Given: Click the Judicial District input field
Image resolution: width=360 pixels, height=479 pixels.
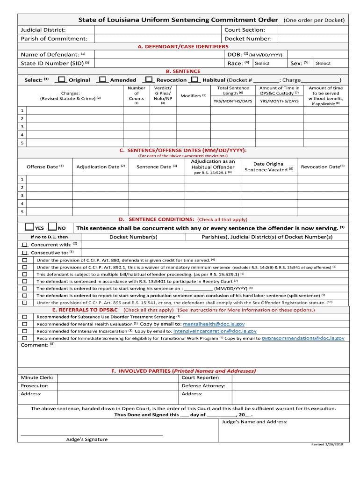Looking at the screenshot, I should tap(157, 30).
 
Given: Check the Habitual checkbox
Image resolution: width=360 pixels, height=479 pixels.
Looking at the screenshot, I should tap(195, 80).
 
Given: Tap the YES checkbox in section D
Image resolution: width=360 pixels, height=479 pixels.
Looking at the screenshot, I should tap(29, 227).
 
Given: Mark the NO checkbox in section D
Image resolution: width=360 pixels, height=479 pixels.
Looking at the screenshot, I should tap(52, 227).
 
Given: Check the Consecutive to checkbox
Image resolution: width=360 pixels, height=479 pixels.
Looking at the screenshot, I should tap(25, 253).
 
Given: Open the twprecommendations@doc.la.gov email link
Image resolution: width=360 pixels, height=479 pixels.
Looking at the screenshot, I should tap(303, 338).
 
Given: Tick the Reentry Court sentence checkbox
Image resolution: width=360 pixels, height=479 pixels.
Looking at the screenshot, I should tap(25, 281).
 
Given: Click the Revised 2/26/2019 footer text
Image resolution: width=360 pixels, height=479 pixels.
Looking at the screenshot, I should tap(327, 444).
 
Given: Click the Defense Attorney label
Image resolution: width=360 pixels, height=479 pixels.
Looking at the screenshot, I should tap(203, 386).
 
